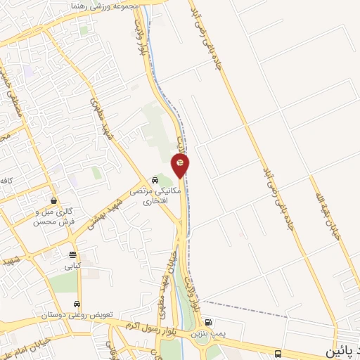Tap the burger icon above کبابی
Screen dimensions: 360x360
click(x=73, y=255)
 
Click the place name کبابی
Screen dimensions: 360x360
click(x=73, y=266)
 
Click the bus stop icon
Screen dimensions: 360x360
click(x=280, y=353)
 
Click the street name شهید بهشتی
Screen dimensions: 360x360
click(x=106, y=213)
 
